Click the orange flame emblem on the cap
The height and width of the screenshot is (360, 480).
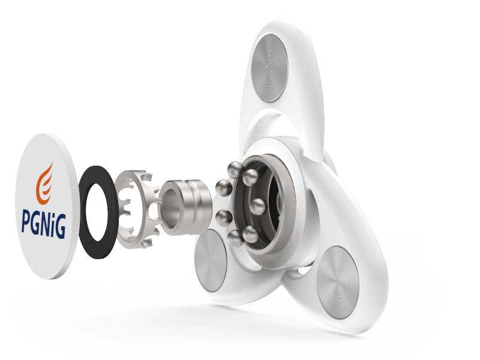tap(44, 184)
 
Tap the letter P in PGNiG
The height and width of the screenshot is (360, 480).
tap(26, 221)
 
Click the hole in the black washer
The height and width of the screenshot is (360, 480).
tap(97, 212)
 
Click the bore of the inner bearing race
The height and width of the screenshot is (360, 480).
tap(170, 207)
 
